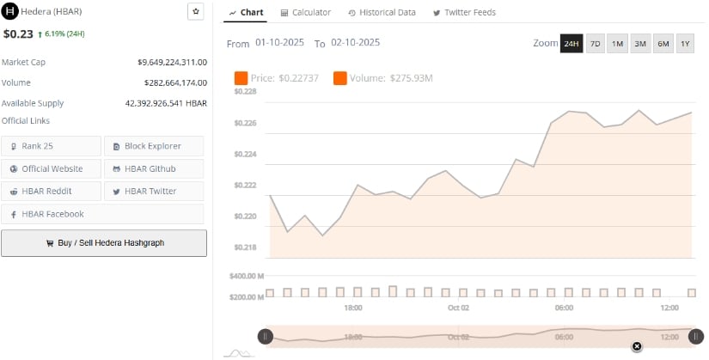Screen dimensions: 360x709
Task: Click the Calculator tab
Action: tap(306, 13)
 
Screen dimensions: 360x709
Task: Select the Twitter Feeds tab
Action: tap(464, 13)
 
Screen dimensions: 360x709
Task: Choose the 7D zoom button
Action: tap(595, 44)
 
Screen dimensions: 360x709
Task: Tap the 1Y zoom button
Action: tap(684, 44)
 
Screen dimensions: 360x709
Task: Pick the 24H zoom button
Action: tap(571, 44)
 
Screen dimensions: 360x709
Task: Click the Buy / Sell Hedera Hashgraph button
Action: tap(104, 243)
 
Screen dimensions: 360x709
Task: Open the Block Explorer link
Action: tap(154, 146)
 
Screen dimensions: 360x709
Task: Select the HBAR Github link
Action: tap(154, 168)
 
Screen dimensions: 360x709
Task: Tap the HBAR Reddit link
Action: tap(52, 191)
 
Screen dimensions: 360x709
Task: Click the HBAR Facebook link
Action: tap(52, 214)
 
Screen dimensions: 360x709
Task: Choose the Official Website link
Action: tap(52, 168)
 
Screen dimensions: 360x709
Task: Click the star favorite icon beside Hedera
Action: tap(195, 12)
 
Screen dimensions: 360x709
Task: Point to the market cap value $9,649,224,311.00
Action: tap(172, 63)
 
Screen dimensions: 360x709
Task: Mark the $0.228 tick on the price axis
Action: tap(245, 91)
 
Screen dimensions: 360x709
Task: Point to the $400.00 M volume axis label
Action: tap(247, 277)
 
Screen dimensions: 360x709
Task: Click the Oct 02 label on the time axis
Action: tap(458, 308)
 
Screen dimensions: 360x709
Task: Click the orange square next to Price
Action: tap(241, 79)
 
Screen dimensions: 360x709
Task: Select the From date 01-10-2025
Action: tap(281, 43)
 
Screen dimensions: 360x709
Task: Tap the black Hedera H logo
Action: tap(11, 12)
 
